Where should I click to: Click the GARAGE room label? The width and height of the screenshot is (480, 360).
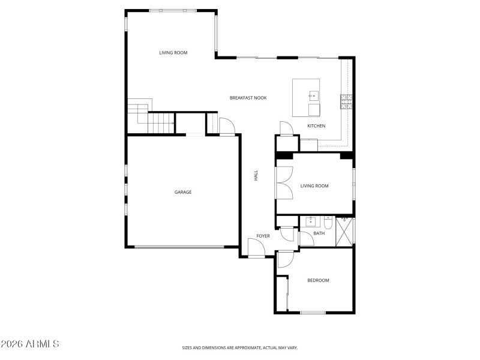[x=183, y=192]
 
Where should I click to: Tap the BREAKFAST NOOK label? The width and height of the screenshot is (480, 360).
[x=248, y=98]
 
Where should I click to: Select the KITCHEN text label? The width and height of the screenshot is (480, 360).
[x=316, y=126]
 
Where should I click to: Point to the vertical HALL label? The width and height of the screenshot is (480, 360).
[x=256, y=176]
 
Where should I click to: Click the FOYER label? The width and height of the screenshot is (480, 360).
[x=263, y=236]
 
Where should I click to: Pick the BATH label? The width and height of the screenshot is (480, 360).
[x=319, y=233]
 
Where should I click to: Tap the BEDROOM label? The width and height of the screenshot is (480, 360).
[x=318, y=280]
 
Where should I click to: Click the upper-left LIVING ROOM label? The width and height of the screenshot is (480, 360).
[x=173, y=53]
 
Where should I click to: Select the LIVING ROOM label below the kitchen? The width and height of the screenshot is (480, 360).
[x=314, y=186]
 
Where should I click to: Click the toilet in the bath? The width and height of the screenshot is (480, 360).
[x=328, y=221]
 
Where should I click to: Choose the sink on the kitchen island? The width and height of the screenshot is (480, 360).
[x=313, y=95]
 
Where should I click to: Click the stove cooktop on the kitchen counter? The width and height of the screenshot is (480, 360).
[x=346, y=102]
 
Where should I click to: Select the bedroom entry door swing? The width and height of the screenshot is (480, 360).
[x=285, y=260]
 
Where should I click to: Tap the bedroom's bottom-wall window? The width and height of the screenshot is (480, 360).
[x=312, y=312]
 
